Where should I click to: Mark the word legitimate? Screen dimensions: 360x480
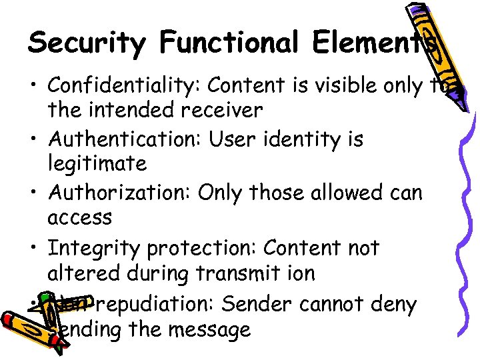point(97,163)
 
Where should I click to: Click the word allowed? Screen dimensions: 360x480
point(339,193)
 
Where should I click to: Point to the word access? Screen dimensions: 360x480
point(80,218)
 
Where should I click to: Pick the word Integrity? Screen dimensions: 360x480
point(95,248)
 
